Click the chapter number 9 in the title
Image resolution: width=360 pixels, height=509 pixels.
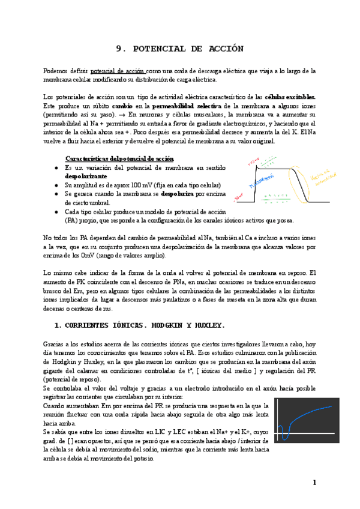click(x=118, y=49)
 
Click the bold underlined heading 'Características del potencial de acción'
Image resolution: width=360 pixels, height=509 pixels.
click(x=119, y=158)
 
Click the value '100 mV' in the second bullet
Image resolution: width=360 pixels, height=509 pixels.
click(x=149, y=185)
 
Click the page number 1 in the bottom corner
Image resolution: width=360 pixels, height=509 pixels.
click(x=313, y=483)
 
